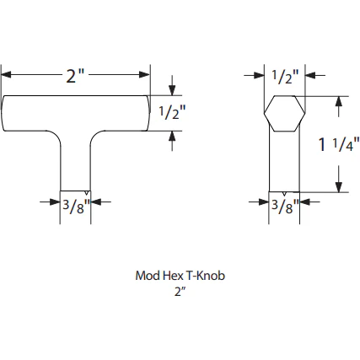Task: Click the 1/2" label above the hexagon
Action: [x=286, y=78]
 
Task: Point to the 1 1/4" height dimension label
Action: [x=338, y=144]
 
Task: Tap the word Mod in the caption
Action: [x=147, y=276]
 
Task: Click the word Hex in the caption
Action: [x=169, y=276]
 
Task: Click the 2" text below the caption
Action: [x=180, y=292]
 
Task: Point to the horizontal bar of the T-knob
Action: [x=76, y=112]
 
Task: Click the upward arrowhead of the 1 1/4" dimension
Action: [x=338, y=100]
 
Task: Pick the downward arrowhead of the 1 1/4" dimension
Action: [x=338, y=189]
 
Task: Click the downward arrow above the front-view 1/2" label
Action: [x=172, y=89]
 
